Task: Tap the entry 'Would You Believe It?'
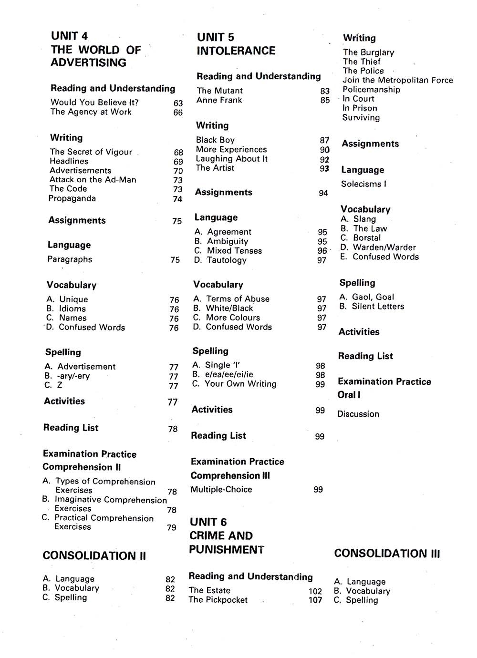(94, 103)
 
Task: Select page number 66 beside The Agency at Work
(178, 113)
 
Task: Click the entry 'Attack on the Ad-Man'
(93, 180)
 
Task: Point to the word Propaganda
(72, 198)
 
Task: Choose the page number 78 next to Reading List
(173, 429)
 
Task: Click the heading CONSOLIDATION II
(94, 555)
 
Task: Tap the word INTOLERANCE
(236, 51)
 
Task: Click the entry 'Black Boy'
(215, 140)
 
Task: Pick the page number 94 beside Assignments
(323, 193)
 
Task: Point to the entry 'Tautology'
(227, 260)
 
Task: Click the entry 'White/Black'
(229, 308)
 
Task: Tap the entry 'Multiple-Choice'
(221, 490)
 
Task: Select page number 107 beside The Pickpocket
(315, 600)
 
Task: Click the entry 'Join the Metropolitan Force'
(397, 80)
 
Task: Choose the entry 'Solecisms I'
(363, 184)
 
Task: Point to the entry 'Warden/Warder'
(384, 247)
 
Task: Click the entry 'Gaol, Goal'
(373, 297)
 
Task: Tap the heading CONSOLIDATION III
(387, 554)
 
